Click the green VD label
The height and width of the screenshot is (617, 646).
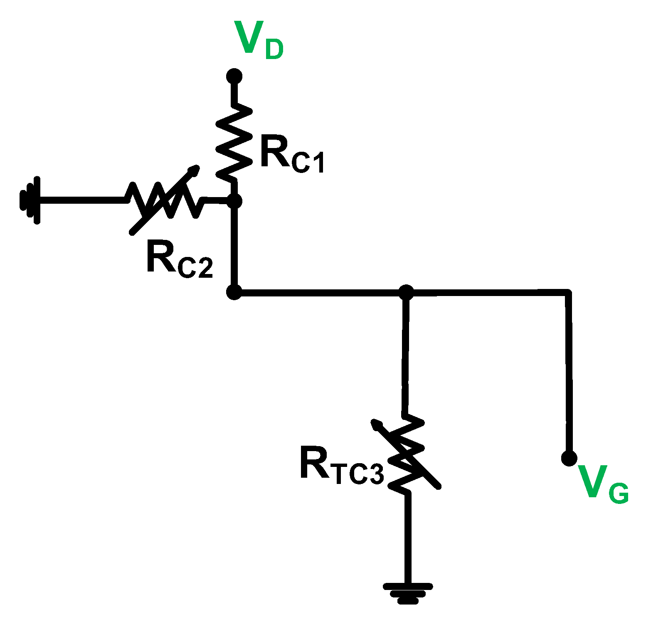point(258,39)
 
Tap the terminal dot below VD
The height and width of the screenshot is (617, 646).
point(234,77)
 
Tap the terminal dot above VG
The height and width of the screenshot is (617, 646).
point(569,458)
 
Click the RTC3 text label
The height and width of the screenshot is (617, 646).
point(341,466)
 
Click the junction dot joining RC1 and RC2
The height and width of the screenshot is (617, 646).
point(234,202)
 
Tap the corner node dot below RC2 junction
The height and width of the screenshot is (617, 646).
point(234,292)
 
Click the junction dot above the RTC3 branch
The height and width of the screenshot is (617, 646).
point(406,292)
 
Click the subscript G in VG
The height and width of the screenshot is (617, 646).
point(618,494)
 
